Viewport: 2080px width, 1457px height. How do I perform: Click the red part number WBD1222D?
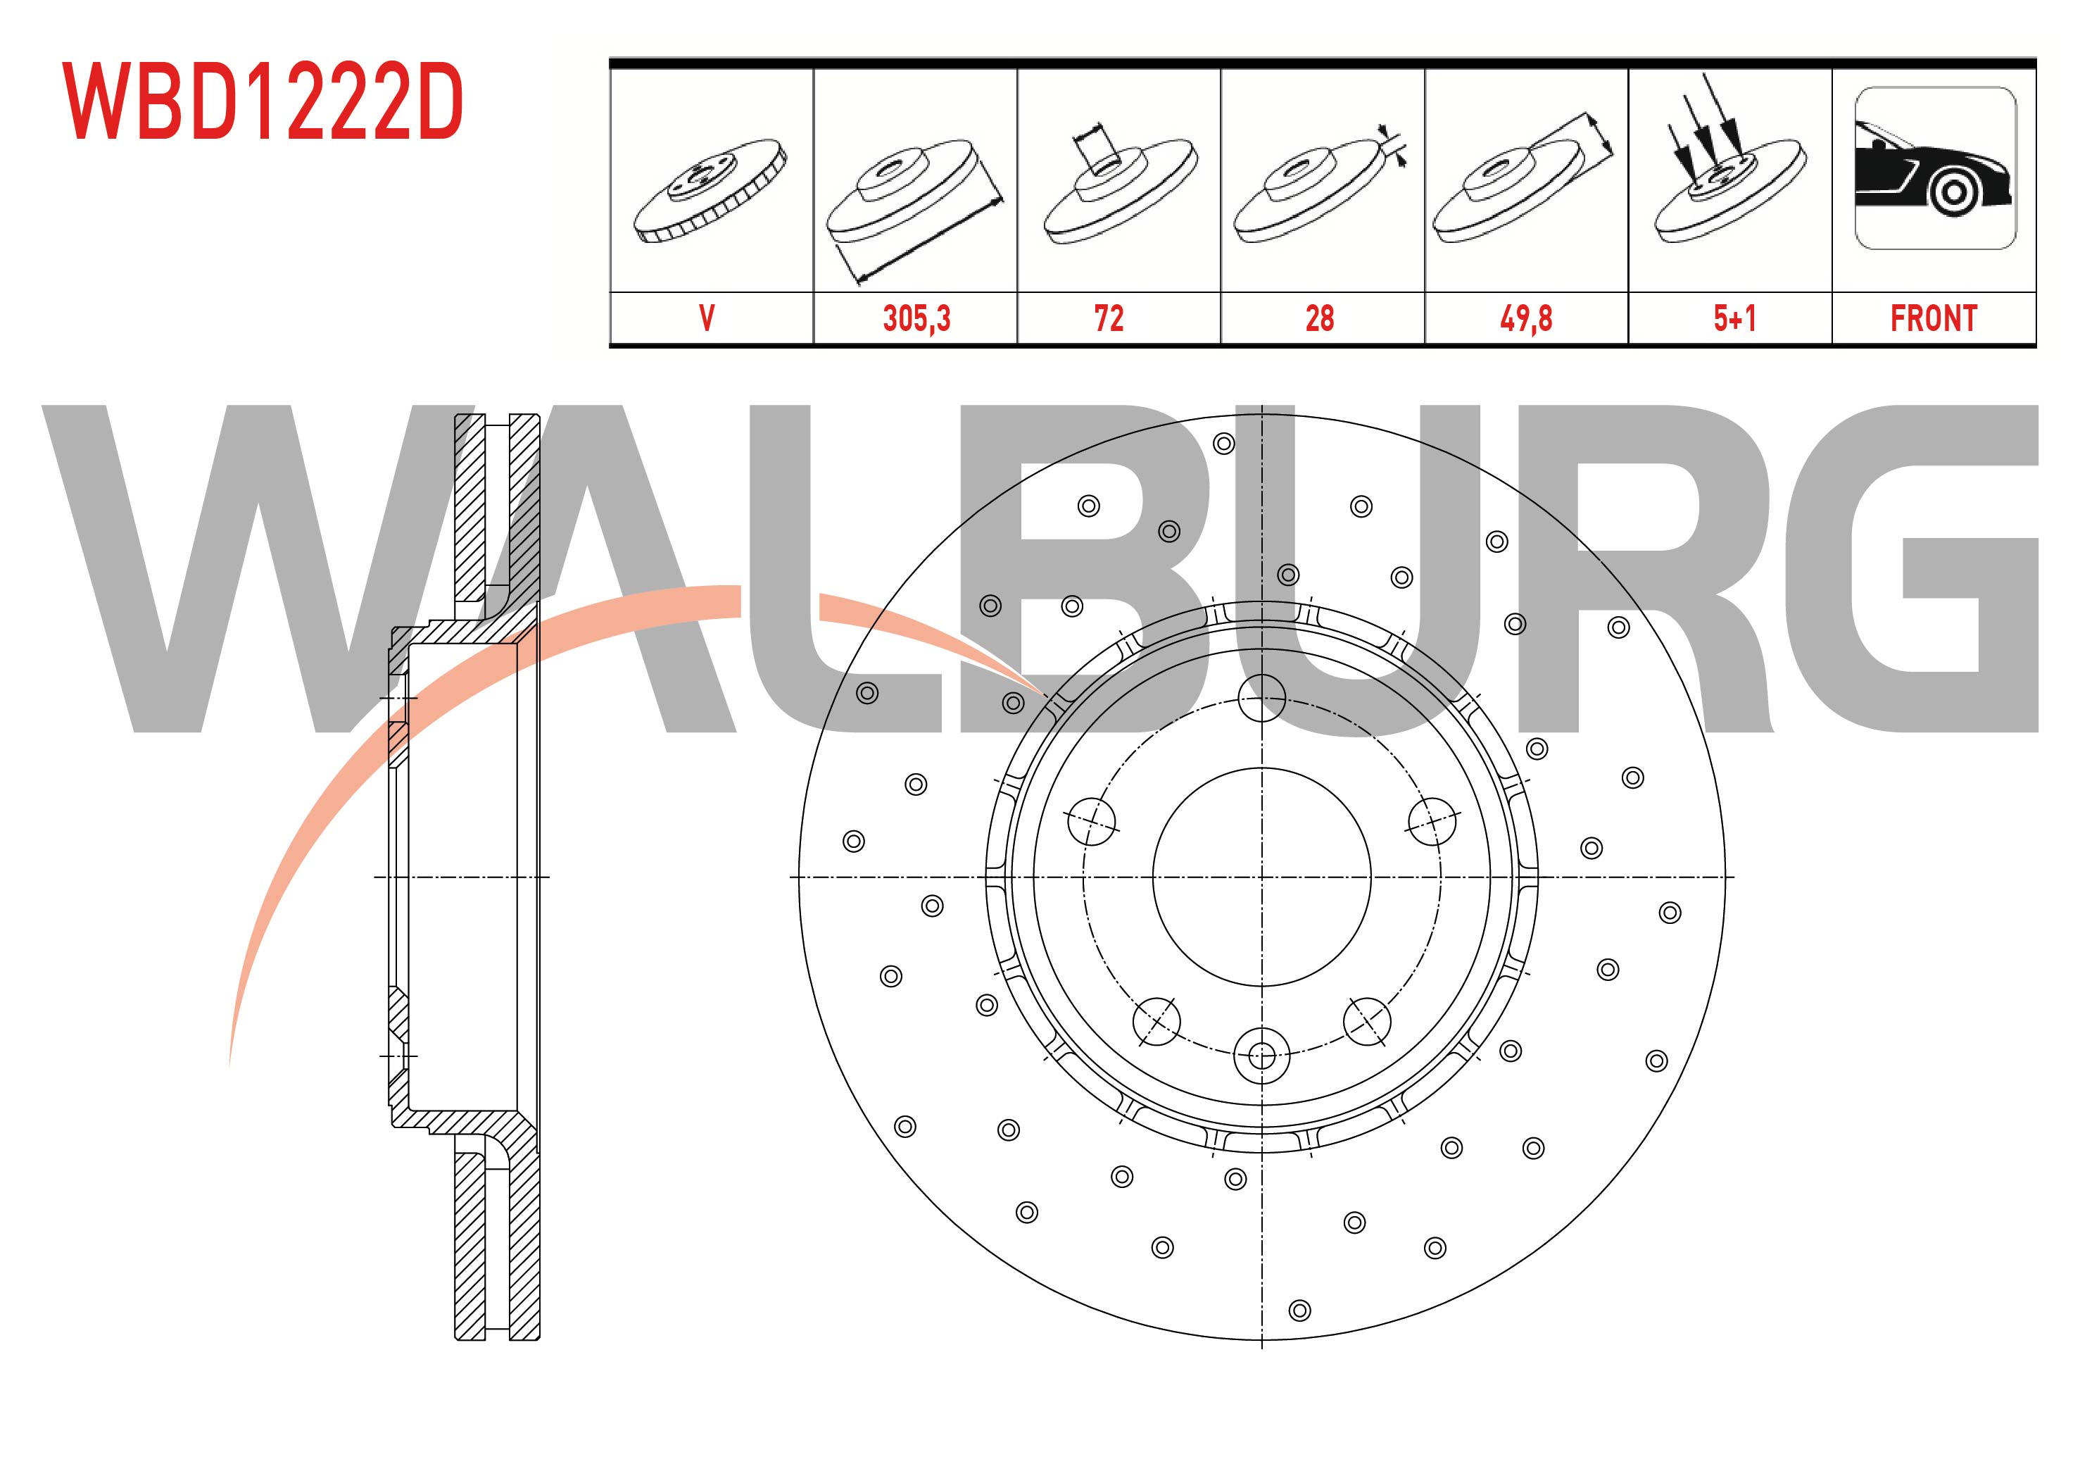263,101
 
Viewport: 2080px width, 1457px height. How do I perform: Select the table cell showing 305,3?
916,318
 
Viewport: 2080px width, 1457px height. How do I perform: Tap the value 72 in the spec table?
1109,318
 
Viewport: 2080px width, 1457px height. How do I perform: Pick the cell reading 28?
1319,318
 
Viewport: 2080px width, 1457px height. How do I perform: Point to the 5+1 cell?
1734,318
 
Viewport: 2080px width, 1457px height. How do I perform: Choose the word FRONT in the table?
1934,318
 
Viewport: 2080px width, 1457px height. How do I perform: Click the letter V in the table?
707,318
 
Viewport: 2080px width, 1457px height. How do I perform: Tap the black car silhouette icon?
1935,168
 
